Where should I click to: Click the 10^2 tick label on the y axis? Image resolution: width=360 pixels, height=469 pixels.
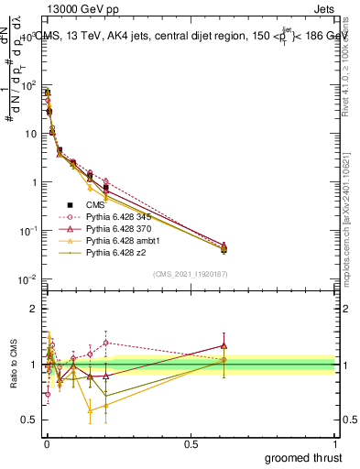click(27, 85)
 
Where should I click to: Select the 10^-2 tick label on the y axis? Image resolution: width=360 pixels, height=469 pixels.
click(27, 278)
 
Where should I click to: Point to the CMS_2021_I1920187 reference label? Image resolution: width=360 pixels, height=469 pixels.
click(190, 274)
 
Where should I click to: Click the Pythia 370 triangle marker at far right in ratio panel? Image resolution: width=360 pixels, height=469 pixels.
click(224, 345)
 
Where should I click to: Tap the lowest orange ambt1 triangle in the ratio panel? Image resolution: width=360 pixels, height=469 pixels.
click(90, 410)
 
